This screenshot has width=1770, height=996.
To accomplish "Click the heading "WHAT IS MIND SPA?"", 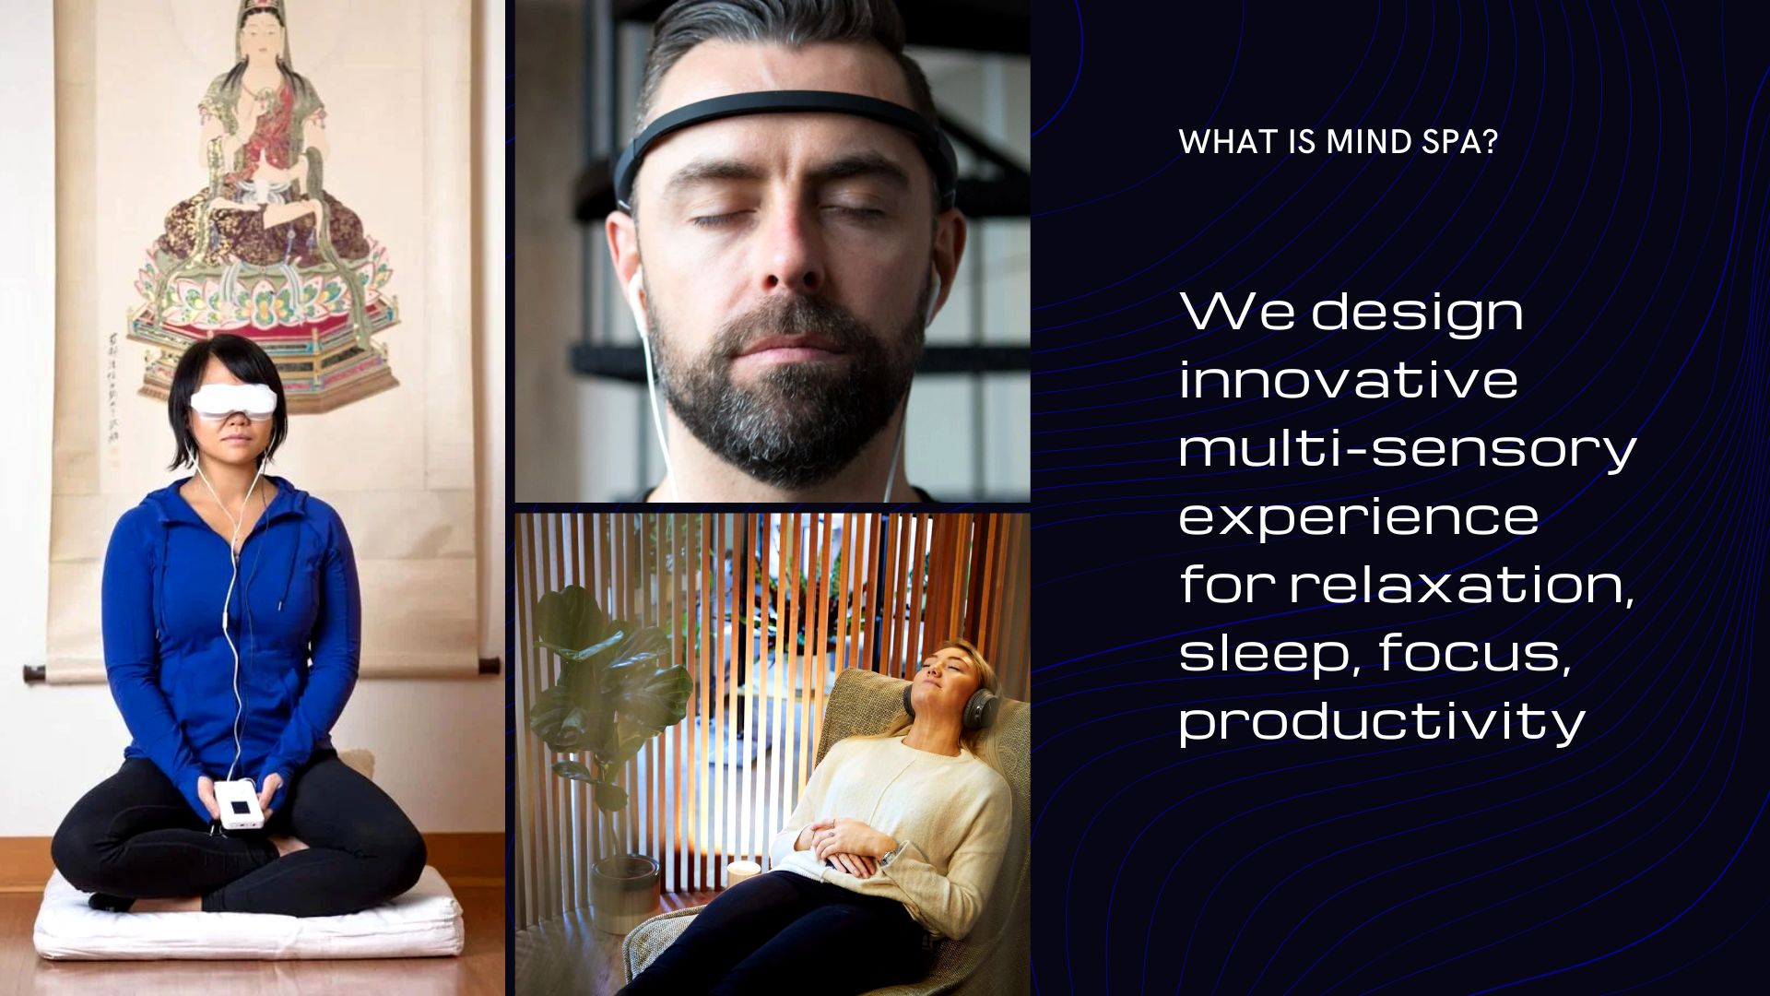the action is point(1338,142).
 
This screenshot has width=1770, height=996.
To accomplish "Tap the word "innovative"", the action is point(1349,380).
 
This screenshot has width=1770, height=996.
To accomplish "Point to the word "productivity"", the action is point(1382,722).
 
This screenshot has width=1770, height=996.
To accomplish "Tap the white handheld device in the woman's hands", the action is point(240,804).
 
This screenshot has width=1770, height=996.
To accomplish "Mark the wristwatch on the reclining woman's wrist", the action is point(888,857).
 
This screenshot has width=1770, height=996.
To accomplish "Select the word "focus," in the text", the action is point(1475,654).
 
